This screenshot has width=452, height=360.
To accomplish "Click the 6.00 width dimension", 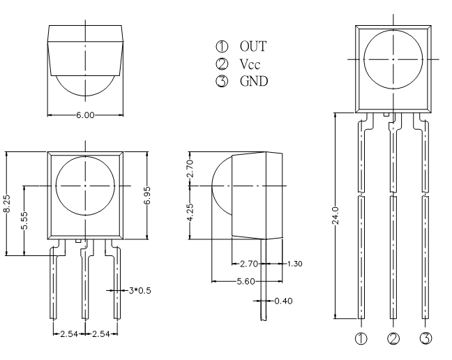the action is point(85,115).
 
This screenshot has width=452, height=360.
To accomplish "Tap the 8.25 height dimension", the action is point(7,204).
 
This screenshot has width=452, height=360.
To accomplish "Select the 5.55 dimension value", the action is point(24,220).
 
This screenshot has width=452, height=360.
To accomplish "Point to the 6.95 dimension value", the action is point(147,195).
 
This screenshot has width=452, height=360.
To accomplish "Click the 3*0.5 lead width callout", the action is point(140,290).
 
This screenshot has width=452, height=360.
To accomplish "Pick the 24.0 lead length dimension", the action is point(336,216).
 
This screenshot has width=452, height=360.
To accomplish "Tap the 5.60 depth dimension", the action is point(246,281).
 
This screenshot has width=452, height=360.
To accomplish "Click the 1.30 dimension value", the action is point(294,264).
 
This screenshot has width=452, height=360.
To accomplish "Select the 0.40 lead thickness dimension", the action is point(283,301).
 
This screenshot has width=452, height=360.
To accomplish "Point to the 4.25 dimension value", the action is point(190,213).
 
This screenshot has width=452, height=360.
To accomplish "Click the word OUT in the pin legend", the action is point(253,47).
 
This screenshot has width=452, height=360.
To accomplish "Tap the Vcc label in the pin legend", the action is point(250,64).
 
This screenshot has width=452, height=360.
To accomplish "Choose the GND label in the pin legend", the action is point(254,82).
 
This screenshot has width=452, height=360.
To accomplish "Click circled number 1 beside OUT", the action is point(222,47).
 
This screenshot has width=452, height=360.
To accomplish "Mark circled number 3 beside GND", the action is point(222,82).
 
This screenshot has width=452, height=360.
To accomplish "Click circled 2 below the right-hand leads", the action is point(393,338).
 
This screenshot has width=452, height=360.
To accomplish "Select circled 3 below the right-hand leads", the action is point(426,338).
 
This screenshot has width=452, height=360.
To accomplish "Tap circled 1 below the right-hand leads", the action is point(361,338).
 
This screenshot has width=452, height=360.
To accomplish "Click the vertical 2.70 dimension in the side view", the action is point(190,169).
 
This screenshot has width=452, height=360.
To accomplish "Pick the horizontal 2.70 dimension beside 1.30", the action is point(249,264).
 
